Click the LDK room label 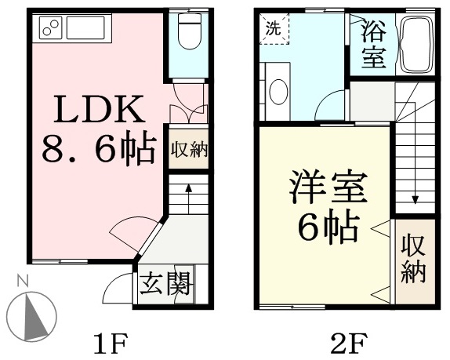(100, 109)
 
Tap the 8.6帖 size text (100, 148)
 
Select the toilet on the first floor (189, 31)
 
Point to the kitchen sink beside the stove (85, 27)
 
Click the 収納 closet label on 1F (189, 150)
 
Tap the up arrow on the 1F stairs (189, 198)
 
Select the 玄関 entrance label (165, 284)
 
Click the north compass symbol (31, 317)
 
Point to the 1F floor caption (111, 344)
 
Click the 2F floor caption (349, 344)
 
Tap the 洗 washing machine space (274, 29)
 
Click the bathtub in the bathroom (418, 44)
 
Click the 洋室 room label (328, 187)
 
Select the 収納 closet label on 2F (413, 259)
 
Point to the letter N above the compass (23, 281)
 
